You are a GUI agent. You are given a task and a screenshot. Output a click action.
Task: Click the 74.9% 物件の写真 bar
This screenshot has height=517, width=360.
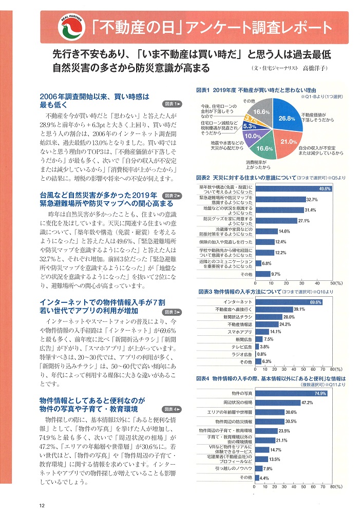pyautogui.click(x=291, y=393)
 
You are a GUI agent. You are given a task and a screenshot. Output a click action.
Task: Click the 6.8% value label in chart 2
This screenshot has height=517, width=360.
pyautogui.click(x=266, y=263)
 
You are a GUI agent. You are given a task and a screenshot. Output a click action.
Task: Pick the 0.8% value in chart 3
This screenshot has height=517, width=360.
pyautogui.click(x=261, y=354)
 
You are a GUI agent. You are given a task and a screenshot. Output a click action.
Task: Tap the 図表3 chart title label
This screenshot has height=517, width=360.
pyautogui.click(x=204, y=292)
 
